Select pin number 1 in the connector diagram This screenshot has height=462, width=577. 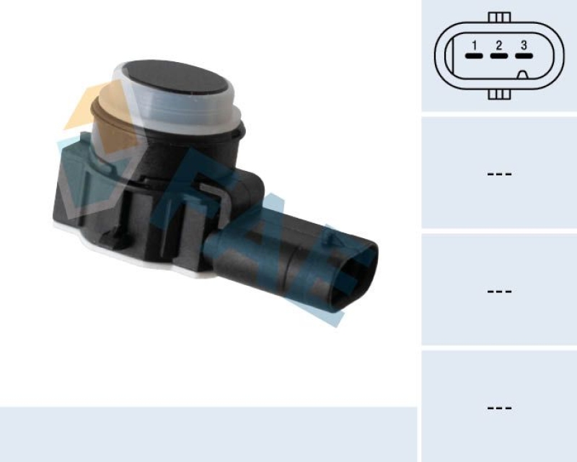point(474,45)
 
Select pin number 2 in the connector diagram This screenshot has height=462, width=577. point(498,45)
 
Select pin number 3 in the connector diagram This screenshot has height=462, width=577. point(524,45)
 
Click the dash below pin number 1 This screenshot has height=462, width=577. point(474,56)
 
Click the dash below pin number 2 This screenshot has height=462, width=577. point(498,56)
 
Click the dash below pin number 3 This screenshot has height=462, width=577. point(524,56)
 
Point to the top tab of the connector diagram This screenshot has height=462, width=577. point(498,17)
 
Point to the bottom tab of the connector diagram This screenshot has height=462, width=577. point(498,94)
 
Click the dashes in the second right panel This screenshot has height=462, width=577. point(499,174)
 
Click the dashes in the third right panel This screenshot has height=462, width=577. point(499,291)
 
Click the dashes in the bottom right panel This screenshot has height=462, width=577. point(499,408)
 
